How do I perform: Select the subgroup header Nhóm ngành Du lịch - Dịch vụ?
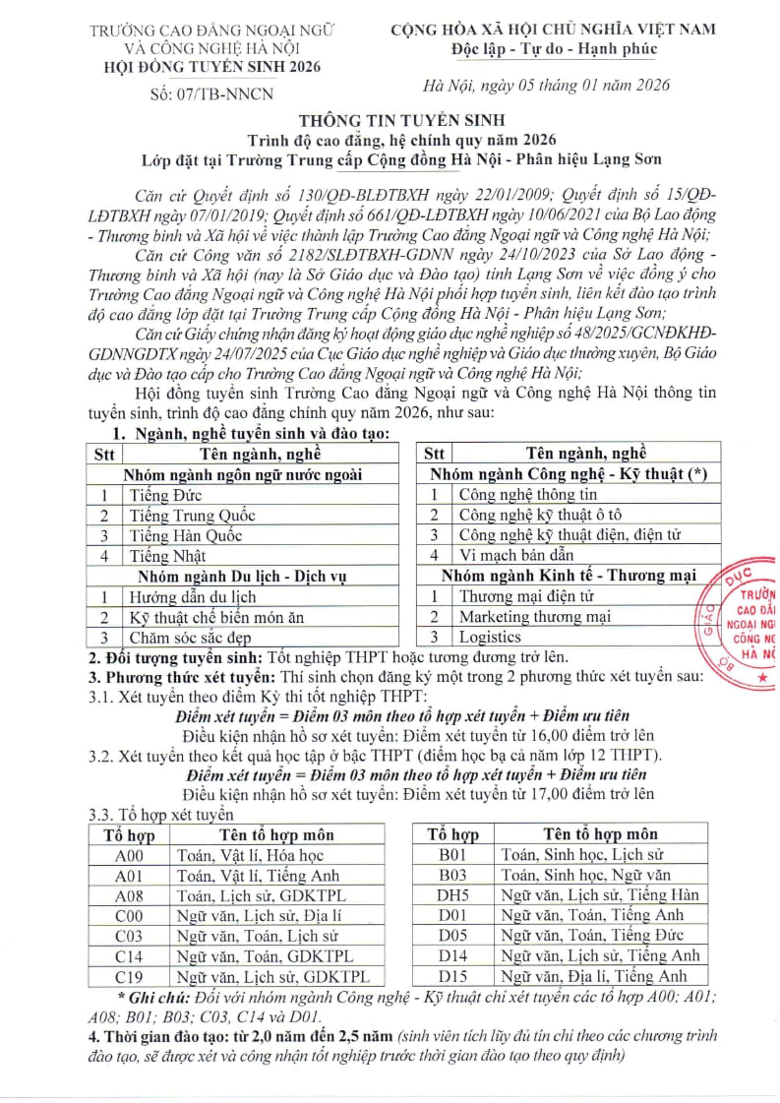tap(241, 576)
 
